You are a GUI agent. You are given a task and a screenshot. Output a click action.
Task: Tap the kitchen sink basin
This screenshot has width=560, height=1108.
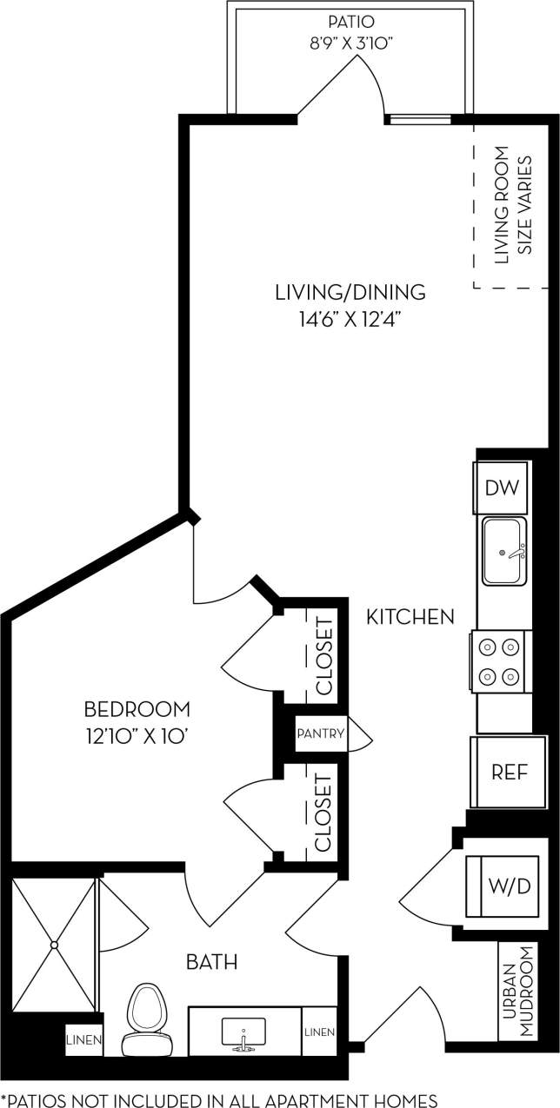(503, 552)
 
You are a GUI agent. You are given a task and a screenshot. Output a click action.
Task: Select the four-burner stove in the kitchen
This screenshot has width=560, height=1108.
(502, 661)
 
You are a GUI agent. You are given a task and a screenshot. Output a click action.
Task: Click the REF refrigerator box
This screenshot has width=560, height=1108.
(509, 772)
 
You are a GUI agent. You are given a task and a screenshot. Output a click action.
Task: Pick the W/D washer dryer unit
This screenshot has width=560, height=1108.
(509, 886)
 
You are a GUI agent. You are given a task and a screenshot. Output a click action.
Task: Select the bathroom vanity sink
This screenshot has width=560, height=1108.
(244, 1032)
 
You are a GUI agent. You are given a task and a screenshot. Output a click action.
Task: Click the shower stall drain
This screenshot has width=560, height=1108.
(54, 944)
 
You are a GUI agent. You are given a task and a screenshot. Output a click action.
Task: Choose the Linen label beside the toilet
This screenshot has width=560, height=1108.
(84, 1039)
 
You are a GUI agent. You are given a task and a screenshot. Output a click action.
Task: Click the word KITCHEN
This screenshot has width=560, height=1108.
(410, 617)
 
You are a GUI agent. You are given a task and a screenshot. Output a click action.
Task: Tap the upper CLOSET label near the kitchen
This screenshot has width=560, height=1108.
(323, 656)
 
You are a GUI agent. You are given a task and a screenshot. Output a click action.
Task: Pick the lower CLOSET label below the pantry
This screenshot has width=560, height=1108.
(323, 813)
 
